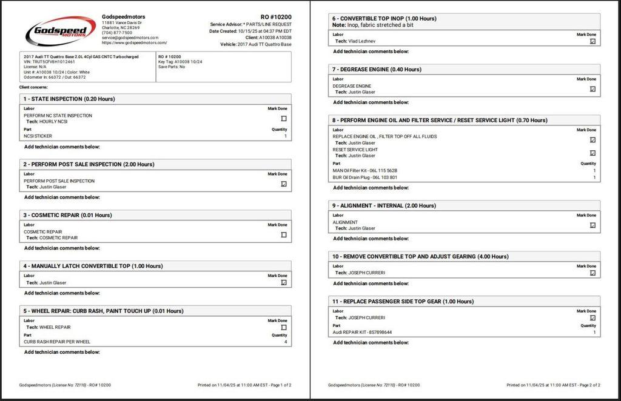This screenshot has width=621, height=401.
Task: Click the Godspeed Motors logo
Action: tap(60, 30)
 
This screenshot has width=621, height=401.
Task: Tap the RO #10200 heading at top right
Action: tap(276, 16)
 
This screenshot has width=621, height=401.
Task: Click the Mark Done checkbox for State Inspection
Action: tap(284, 119)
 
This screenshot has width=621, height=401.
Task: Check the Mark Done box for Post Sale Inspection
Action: tap(284, 184)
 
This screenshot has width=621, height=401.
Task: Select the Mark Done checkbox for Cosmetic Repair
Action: tap(284, 235)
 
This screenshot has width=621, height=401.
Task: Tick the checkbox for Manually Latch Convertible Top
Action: tap(284, 282)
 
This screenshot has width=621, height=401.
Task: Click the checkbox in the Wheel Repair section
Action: tap(284, 327)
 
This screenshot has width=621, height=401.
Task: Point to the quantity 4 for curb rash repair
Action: tap(286, 342)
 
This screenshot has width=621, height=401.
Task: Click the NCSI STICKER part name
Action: tap(38, 136)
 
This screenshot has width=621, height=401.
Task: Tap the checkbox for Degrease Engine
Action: tap(592, 89)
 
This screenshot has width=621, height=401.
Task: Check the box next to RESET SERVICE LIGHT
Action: tap(592, 153)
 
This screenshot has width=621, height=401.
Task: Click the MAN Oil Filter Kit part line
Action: tap(365, 170)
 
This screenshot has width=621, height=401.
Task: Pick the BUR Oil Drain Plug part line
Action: tap(365, 177)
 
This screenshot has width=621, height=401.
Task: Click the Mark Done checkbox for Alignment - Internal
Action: tap(592, 225)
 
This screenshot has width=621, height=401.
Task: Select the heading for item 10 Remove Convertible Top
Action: tap(420, 257)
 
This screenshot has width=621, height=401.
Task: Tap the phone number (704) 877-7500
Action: tap(117, 33)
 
